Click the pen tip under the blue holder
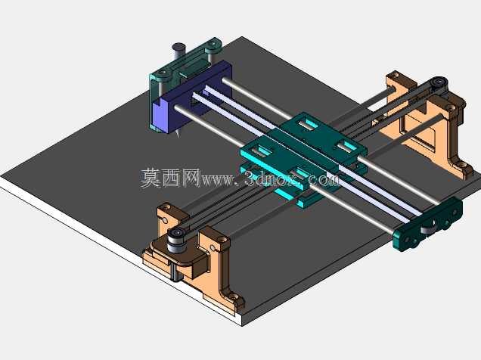(x=178, y=134)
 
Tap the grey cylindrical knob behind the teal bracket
(x=178, y=51)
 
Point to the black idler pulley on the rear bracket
(x=439, y=82)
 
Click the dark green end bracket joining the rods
(x=427, y=224)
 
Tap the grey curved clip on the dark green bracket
(x=427, y=229)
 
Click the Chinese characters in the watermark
(x=171, y=178)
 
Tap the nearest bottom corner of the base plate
(x=242, y=326)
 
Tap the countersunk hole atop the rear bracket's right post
(x=450, y=108)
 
